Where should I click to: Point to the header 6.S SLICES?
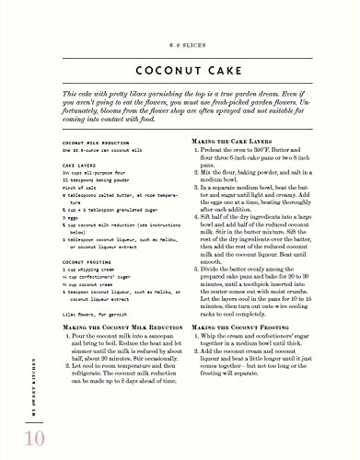pyautogui.click(x=180, y=36)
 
